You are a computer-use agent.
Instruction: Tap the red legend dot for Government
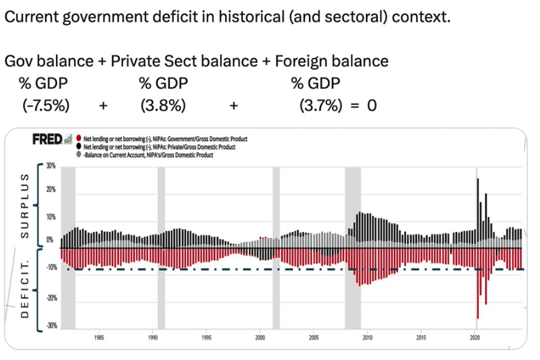[x=80, y=138]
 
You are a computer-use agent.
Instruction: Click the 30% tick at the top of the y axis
[x=50, y=167]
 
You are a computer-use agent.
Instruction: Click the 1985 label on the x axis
[x=99, y=338]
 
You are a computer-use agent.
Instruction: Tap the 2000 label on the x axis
[x=260, y=338]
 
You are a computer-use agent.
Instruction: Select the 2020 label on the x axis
[x=475, y=338]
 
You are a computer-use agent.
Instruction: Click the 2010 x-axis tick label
[x=368, y=338]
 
